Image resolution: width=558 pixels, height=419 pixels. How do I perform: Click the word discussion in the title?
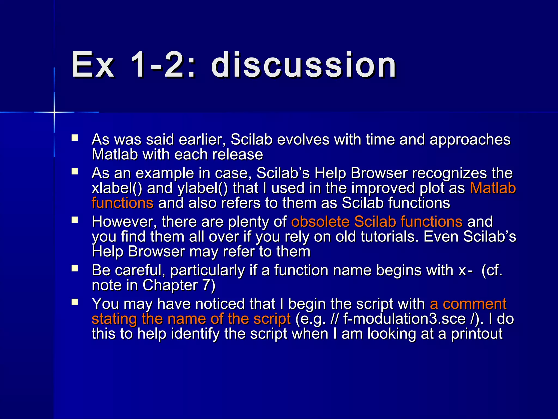click(304, 65)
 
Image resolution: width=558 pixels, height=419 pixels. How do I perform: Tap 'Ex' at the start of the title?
click(93, 65)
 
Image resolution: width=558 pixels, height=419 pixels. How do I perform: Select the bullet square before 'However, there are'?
click(75, 220)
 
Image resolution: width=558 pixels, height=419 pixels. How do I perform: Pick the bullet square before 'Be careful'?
click(75, 268)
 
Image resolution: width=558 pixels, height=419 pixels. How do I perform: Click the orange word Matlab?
click(493, 188)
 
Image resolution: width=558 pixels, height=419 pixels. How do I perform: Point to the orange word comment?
click(474, 304)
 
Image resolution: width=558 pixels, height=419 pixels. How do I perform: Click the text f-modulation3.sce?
click(404, 319)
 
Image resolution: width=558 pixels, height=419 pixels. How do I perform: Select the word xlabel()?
click(117, 188)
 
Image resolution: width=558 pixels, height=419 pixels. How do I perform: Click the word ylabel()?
click(202, 188)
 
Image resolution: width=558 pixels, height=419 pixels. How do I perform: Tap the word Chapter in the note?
click(170, 285)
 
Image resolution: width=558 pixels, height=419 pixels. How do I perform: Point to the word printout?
click(477, 334)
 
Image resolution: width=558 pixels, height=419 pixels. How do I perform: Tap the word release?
click(238, 154)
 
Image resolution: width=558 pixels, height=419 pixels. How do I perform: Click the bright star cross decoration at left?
click(54, 112)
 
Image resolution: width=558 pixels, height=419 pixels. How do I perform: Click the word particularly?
click(208, 270)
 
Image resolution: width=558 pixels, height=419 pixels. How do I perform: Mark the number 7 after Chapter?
click(206, 285)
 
